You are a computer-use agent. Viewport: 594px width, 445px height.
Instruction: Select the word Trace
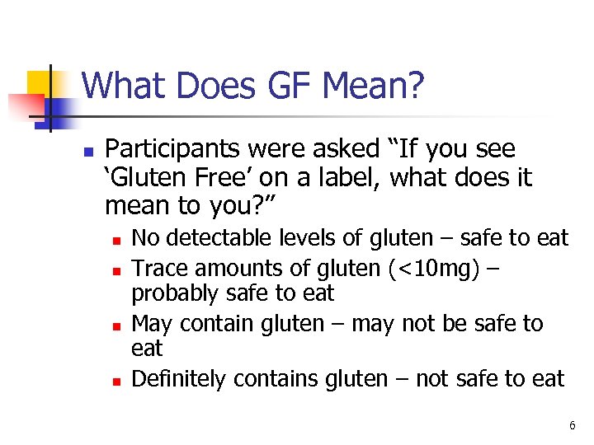click(x=158, y=267)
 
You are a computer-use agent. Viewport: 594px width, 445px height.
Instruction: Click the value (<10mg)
click(x=439, y=267)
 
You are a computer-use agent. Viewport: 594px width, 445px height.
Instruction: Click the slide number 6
click(x=571, y=425)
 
